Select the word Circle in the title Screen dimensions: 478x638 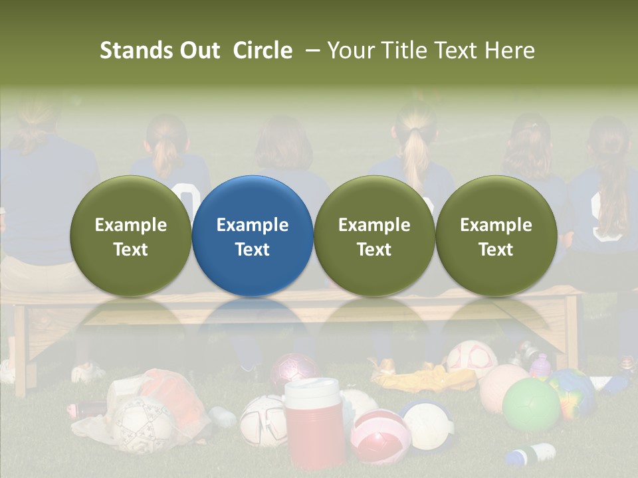(263, 50)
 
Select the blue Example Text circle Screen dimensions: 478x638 (253, 236)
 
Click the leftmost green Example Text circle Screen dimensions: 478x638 (131, 236)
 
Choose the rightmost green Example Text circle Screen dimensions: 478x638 (496, 236)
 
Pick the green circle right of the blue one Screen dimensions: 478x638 (374, 236)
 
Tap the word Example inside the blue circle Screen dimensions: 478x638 (253, 225)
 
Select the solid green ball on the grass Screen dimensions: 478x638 (530, 405)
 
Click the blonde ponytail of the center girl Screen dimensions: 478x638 (417, 159)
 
